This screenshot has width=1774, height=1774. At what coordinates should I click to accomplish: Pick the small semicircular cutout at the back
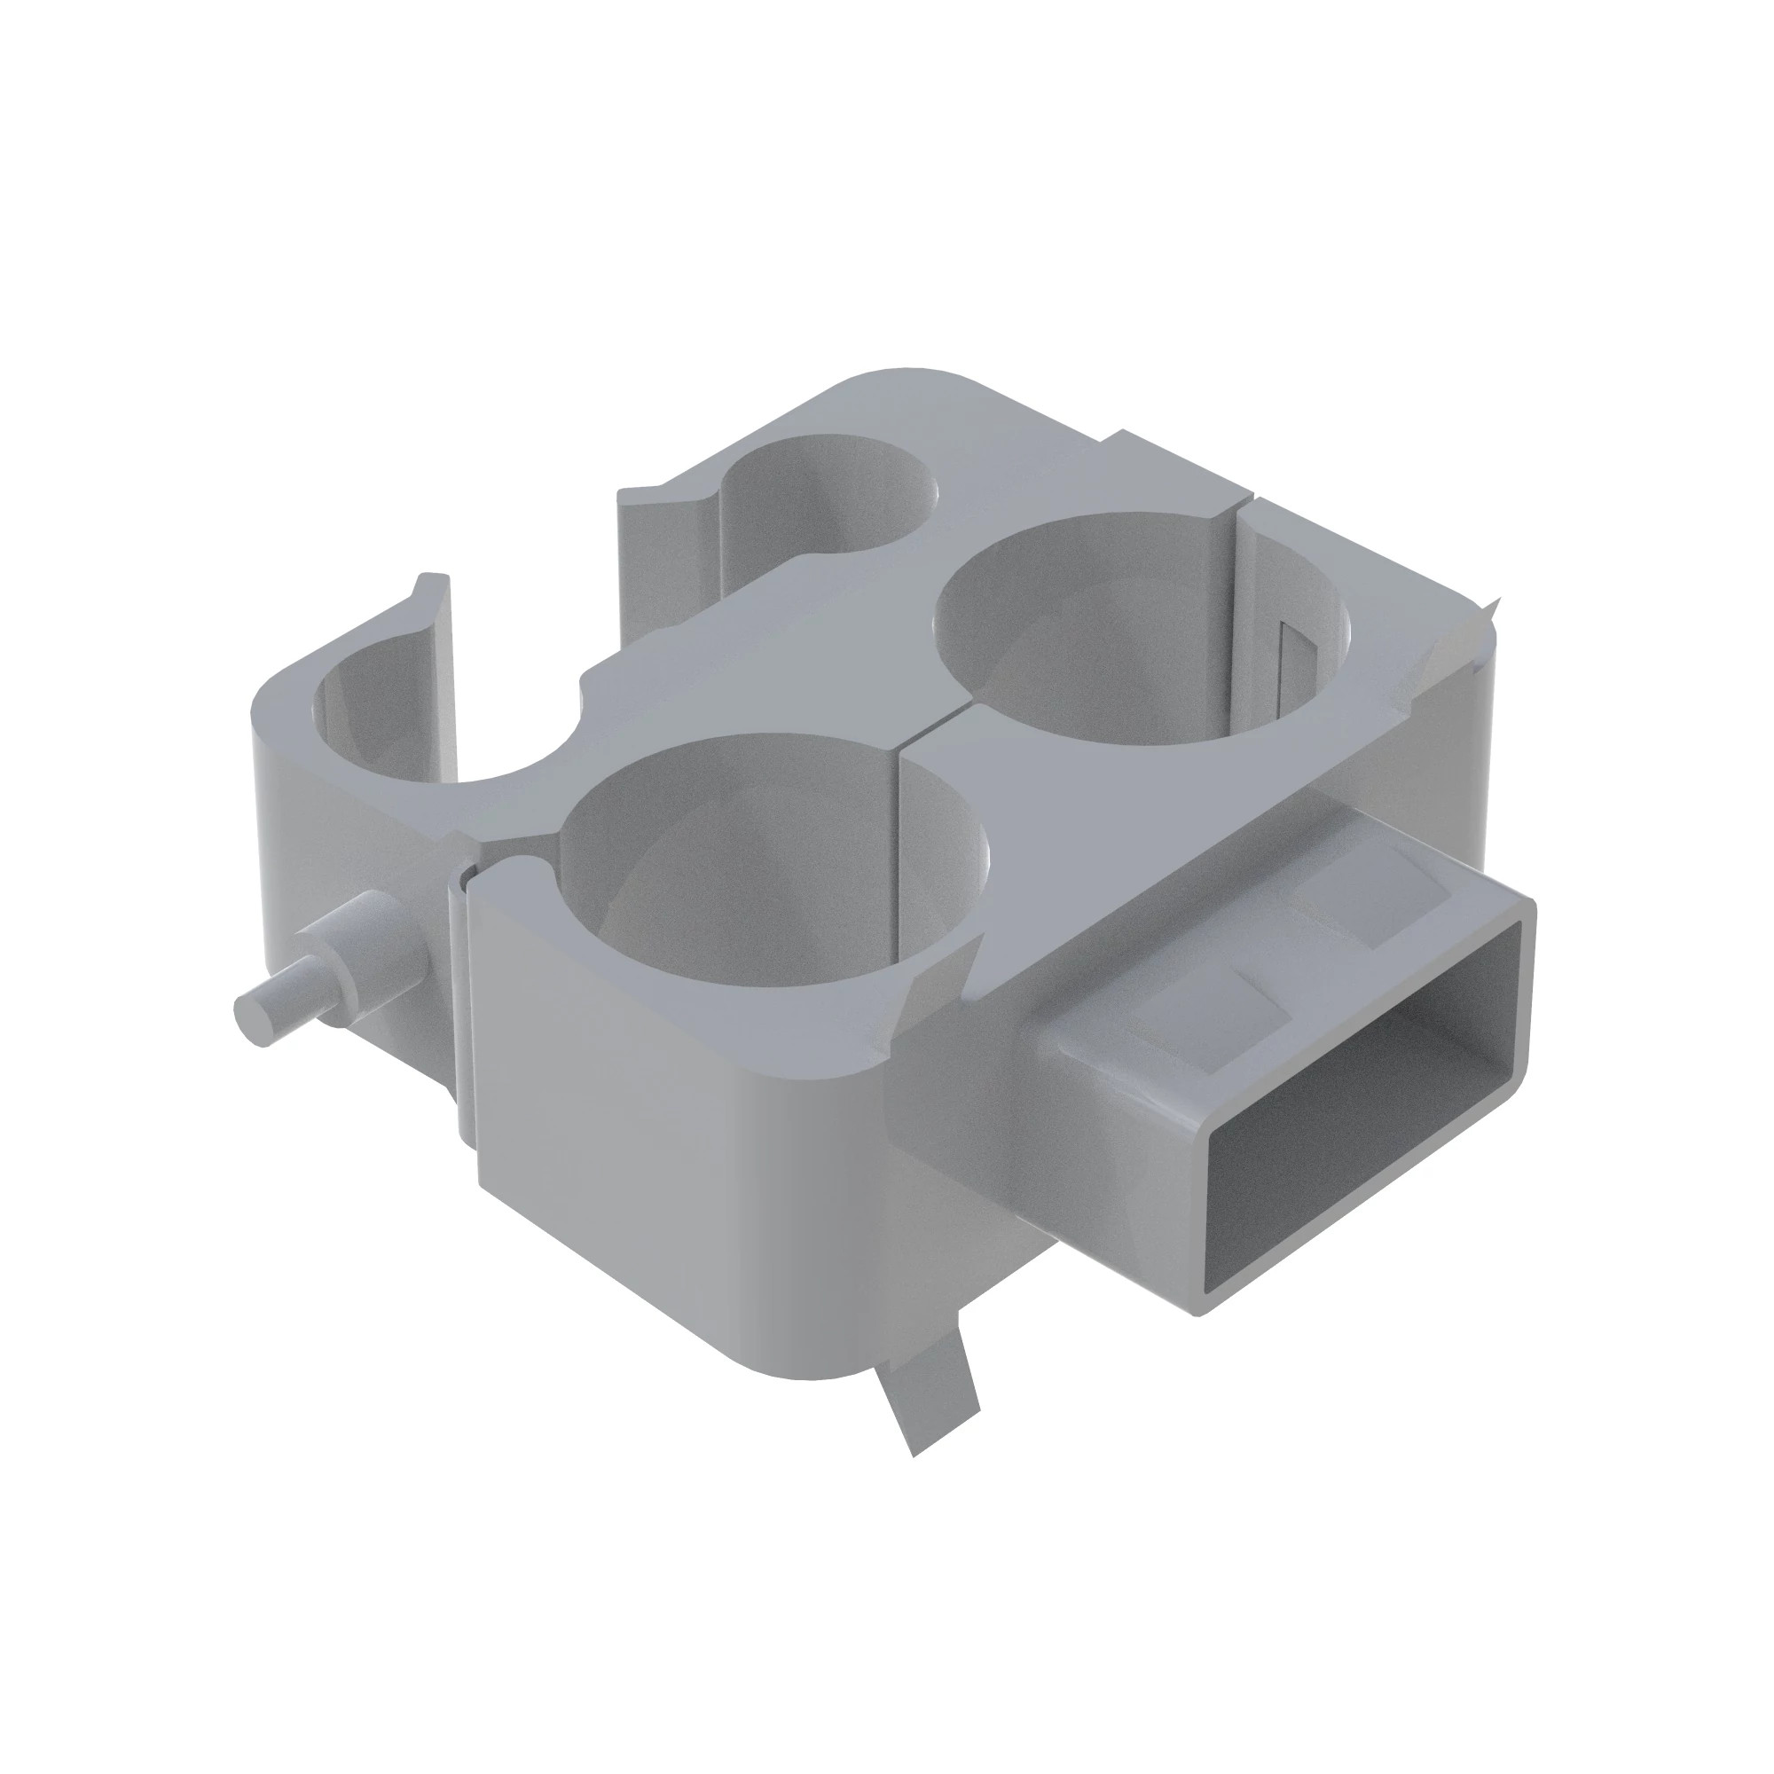pos(827,496)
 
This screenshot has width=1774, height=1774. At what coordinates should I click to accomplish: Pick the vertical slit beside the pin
pos(464,1010)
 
